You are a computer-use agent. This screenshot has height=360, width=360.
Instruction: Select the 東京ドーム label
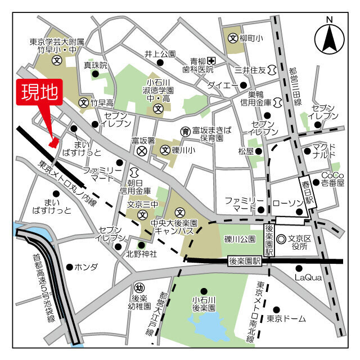click(x=286, y=319)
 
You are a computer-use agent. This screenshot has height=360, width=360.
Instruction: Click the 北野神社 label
click(x=141, y=254)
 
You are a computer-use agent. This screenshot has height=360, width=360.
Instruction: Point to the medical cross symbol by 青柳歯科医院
click(x=211, y=61)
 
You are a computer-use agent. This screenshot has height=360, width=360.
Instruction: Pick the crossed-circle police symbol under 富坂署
click(x=142, y=151)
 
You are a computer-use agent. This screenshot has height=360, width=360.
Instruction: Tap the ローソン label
click(x=287, y=201)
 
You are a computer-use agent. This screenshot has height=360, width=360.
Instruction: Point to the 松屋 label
click(x=246, y=151)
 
